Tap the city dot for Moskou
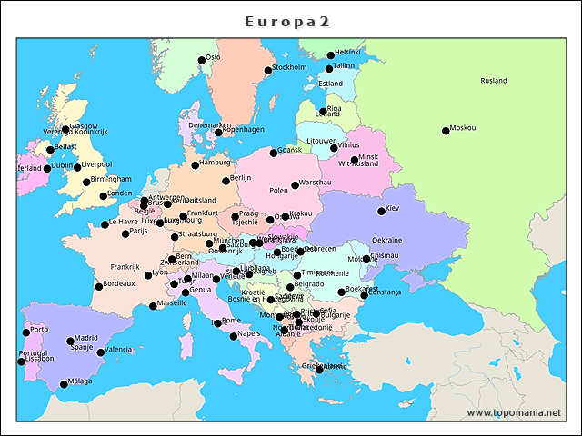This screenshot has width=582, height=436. pyautogui.click(x=446, y=131)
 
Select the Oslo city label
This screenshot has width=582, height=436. pyautogui.click(x=214, y=57)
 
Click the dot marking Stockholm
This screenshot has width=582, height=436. pyautogui.click(x=268, y=71)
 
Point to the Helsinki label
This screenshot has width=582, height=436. pyautogui.click(x=348, y=53)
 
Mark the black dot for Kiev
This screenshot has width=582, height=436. pyautogui.click(x=382, y=212)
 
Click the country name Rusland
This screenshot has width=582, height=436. pyautogui.click(x=494, y=81)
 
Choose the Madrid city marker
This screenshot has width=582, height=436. pyautogui.click(x=70, y=342)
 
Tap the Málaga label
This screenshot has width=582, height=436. pyautogui.click(x=80, y=381)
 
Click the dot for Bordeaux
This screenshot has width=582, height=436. pyautogui.click(x=99, y=287)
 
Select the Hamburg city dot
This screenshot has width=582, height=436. pyautogui.click(x=195, y=165)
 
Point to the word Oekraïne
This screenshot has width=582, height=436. pyautogui.click(x=386, y=240)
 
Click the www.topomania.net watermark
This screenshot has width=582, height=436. pyautogui.click(x=514, y=412)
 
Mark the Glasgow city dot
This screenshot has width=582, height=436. pyautogui.click(x=65, y=130)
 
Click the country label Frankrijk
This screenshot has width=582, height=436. pyautogui.click(x=125, y=267)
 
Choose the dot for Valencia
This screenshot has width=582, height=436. pyautogui.click(x=100, y=352)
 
